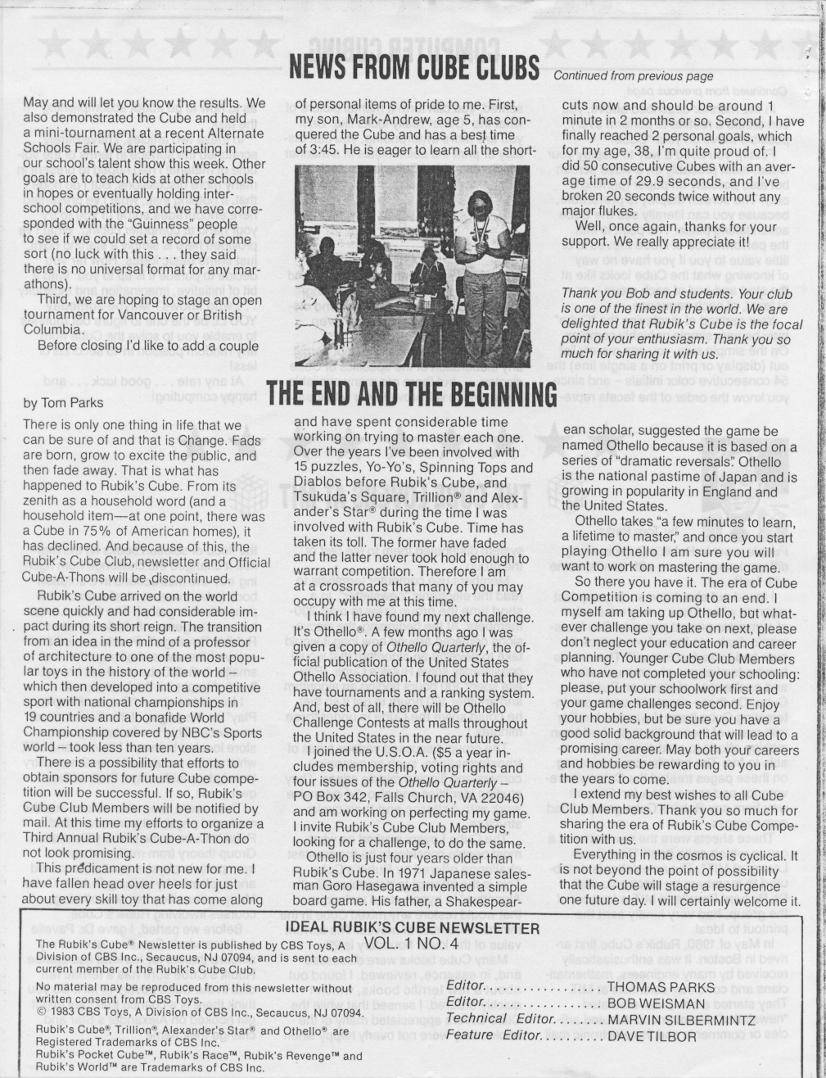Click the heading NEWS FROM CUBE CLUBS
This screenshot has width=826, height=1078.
point(413,66)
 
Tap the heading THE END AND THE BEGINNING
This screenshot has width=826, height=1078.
point(412,395)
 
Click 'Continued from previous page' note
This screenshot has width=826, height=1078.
point(633,75)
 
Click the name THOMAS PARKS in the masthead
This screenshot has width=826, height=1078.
point(661,987)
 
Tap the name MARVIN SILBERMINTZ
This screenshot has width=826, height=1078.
point(681,1020)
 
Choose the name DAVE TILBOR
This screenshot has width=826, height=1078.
point(652,1036)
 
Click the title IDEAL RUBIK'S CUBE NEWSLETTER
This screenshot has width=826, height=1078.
point(413,927)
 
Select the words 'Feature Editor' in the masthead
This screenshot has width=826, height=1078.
point(481,1035)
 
